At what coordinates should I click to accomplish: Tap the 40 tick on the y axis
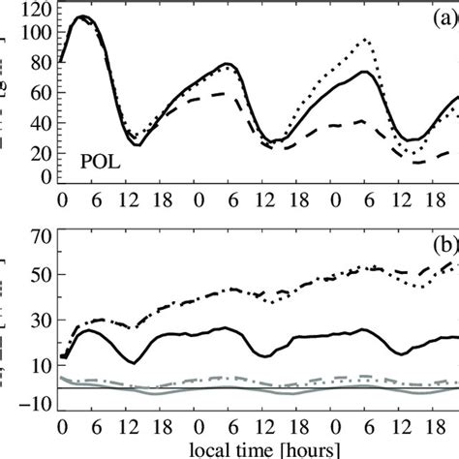point(42,107)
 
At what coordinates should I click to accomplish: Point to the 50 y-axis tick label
point(42,278)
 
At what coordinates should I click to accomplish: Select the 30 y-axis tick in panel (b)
point(42,321)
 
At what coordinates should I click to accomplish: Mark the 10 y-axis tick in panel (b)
point(42,364)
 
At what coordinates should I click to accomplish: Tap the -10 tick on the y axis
point(36,407)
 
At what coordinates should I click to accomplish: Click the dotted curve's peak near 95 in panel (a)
point(365,40)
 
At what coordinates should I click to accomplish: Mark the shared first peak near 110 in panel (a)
point(81,16)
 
